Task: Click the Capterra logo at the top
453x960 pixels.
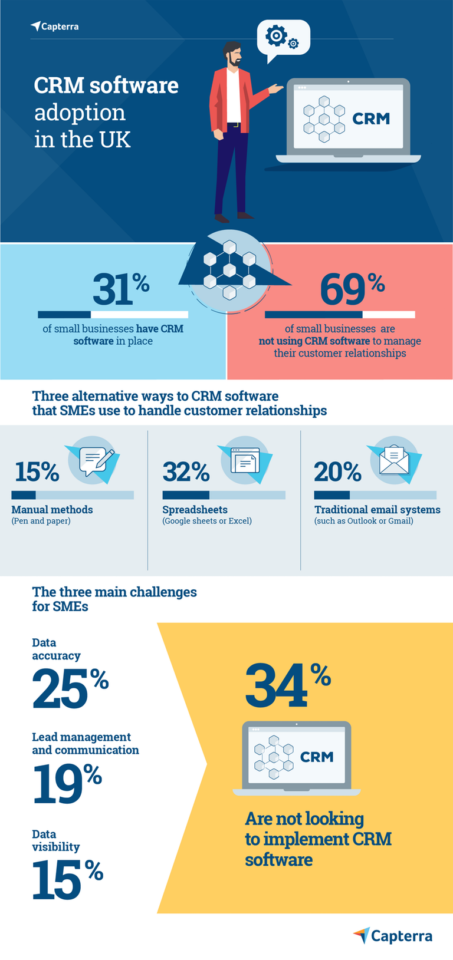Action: pos(54,27)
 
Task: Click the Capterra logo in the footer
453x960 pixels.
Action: pos(393,935)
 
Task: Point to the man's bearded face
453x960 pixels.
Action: pos(234,56)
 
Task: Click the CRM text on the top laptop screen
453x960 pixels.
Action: pos(370,118)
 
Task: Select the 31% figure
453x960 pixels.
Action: pos(120,289)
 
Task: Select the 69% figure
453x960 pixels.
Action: pos(352,289)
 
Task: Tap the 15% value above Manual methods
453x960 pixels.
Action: pos(37,471)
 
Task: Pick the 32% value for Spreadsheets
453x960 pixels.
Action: pos(186,471)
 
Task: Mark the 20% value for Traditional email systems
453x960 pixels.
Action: pos(337,471)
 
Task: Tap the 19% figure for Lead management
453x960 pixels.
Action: pos(66,783)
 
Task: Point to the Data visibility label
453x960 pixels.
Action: pos(55,840)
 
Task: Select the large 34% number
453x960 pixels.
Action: pos(287,685)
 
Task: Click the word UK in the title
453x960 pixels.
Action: pos(115,140)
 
